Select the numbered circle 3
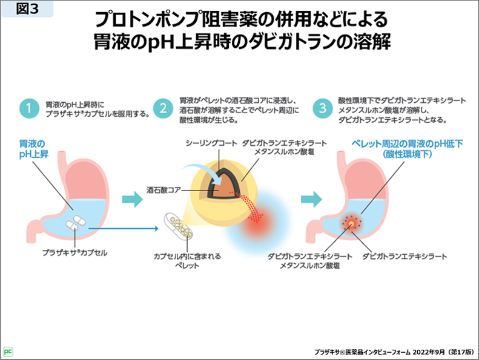(x=322, y=109)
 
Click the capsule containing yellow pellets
(x=178, y=229)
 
